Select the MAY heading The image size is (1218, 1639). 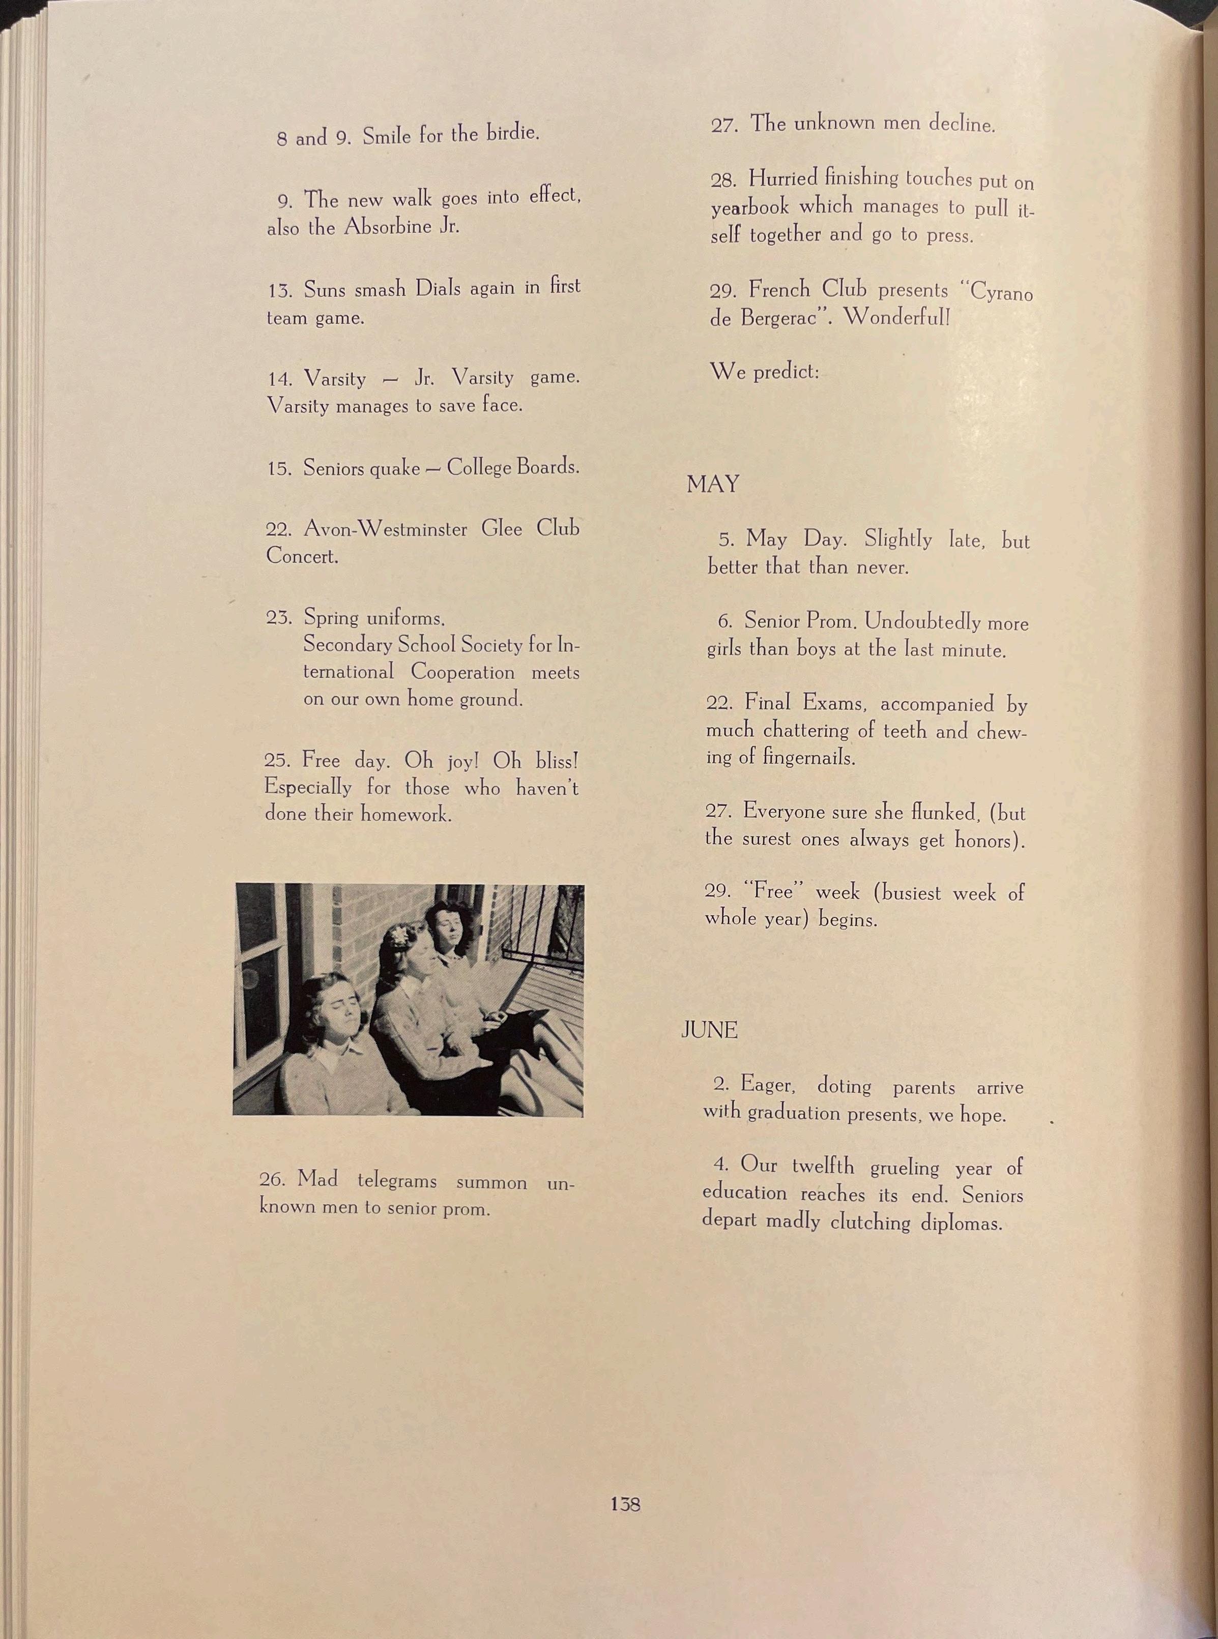pyautogui.click(x=712, y=484)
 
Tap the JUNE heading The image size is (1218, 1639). pyautogui.click(x=709, y=1030)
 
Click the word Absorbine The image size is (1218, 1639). pyautogui.click(x=388, y=226)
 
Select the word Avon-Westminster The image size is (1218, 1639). pyautogui.click(x=386, y=528)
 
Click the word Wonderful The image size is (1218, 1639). pyautogui.click(x=896, y=318)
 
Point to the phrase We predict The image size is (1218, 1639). pyautogui.click(x=764, y=371)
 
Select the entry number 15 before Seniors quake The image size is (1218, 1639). pyautogui.click(x=279, y=469)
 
